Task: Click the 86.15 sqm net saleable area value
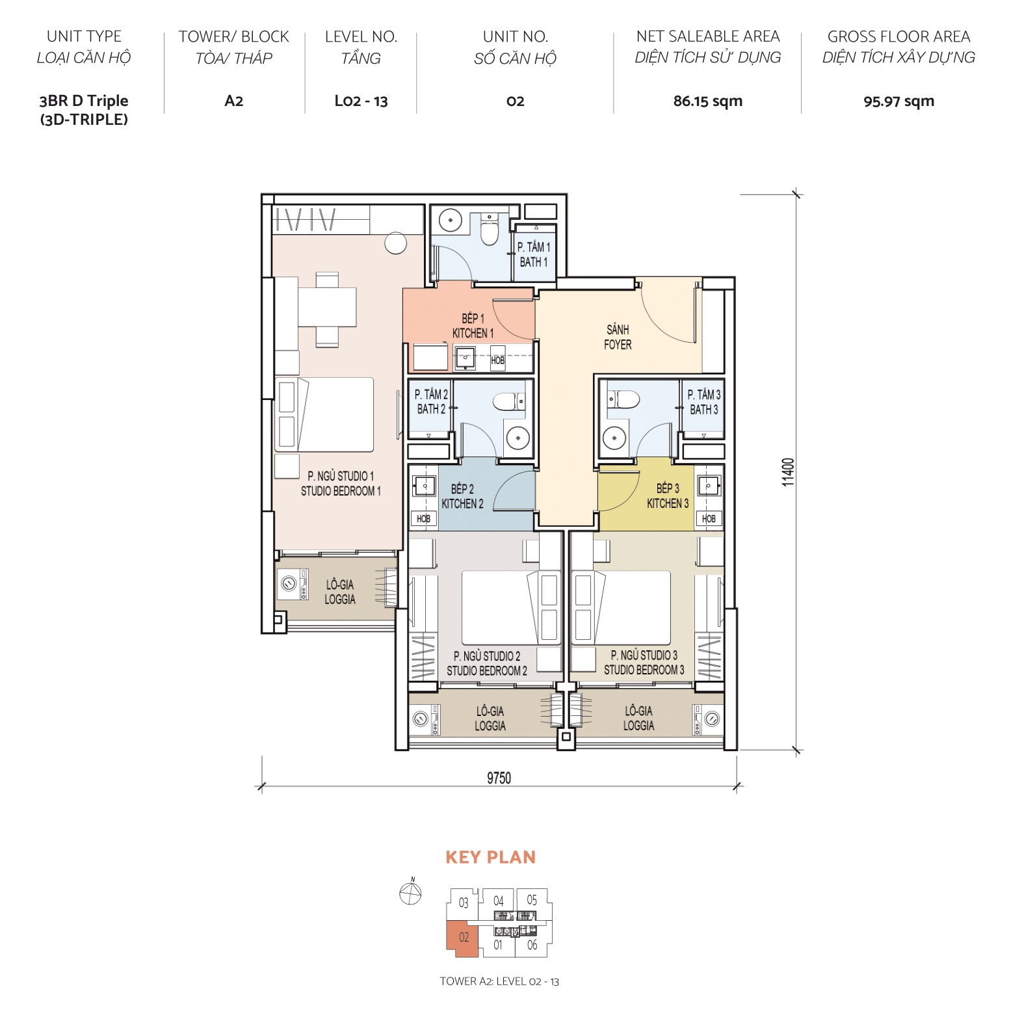tap(707, 101)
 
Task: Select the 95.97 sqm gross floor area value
tap(898, 101)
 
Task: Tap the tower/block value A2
tap(233, 101)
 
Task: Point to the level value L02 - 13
tap(361, 101)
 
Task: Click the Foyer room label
tap(617, 337)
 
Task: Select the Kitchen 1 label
tap(473, 326)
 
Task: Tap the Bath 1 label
tap(534, 254)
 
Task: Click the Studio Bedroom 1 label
tap(341, 484)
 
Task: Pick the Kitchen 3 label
tap(667, 496)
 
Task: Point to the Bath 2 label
tap(431, 402)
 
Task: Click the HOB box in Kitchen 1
tap(497, 360)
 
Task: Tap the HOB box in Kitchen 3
tap(709, 518)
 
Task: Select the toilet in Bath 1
tap(490, 230)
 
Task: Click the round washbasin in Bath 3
tap(614, 438)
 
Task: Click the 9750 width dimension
tap(499, 778)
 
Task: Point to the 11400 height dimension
tap(788, 471)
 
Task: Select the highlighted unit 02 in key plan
tap(463, 938)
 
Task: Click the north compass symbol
tap(410, 893)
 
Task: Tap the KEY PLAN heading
tap(490, 857)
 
